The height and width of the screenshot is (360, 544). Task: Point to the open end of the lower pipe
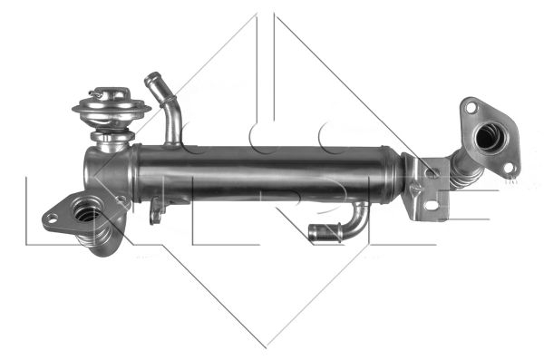[x=313, y=234]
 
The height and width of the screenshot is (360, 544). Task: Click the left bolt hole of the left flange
[x=53, y=218]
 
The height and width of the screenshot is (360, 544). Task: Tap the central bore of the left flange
[x=87, y=213]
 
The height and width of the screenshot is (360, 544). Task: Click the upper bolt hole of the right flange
[x=471, y=109]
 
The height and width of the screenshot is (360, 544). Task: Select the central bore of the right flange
[x=491, y=138]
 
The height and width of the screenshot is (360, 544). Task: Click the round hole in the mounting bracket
[x=432, y=171]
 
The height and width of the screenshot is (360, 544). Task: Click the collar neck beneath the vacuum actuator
[x=111, y=141]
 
